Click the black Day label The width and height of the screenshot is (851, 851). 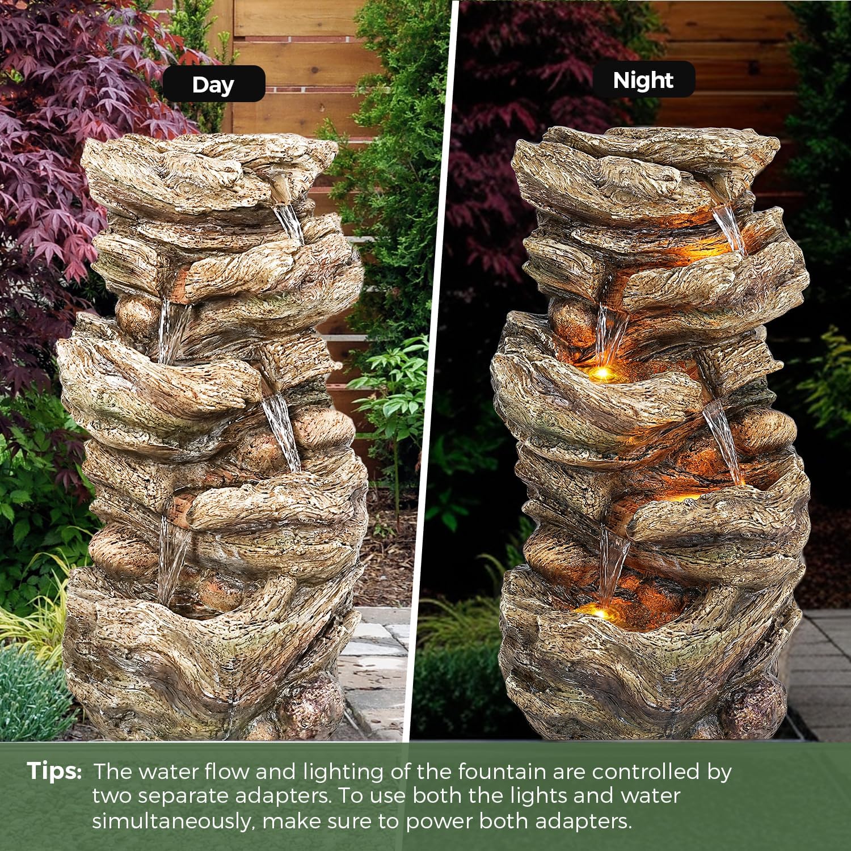214,84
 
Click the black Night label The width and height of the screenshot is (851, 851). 643,79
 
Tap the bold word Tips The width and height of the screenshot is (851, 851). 54,772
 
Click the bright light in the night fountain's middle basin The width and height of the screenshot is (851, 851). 603,372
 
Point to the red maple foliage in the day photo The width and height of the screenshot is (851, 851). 74,113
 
